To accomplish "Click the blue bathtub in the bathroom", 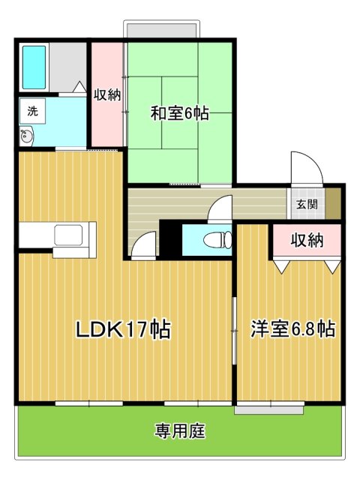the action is coord(34,67).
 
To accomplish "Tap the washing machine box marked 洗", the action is coord(32,111).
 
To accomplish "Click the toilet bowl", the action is coord(218,240).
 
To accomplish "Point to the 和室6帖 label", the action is coord(180,113).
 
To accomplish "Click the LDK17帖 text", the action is coord(123,329).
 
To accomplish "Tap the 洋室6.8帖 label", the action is coord(293,329).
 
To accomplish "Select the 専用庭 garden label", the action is coord(179,431).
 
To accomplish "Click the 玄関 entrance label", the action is coord(307,204).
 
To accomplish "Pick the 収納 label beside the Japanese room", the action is coord(107,95).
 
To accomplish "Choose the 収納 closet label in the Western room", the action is coord(307,240).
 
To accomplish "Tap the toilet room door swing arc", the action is coord(220,208).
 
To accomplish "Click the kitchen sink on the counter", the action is coord(68,235).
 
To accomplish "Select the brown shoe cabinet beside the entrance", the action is coord(333,203).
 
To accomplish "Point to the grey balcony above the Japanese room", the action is coord(161,30).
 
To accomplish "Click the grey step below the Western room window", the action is coord(269,410).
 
